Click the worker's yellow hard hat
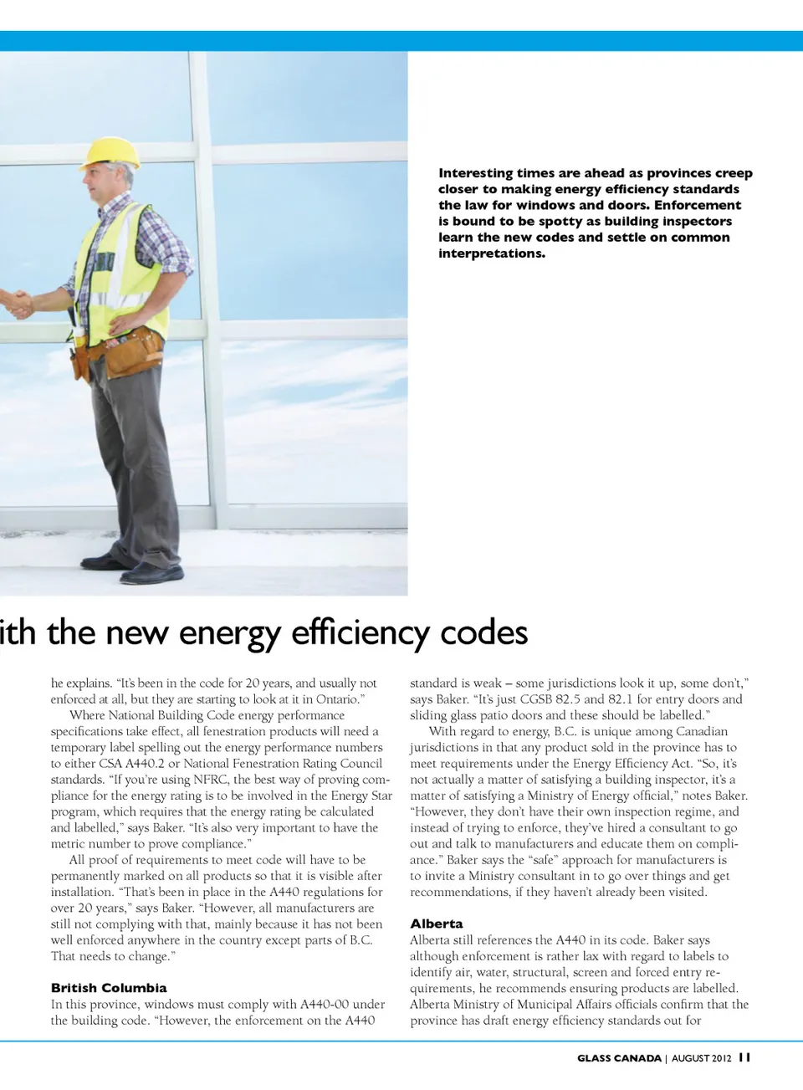[x=112, y=152]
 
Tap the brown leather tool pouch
[x=134, y=351]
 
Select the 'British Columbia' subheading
[x=109, y=988]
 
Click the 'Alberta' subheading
[x=436, y=924]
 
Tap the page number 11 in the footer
[x=744, y=1057]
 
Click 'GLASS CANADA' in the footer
[x=619, y=1058]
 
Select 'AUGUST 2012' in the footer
[x=701, y=1058]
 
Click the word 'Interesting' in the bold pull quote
[x=476, y=173]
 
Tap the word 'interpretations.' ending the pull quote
[x=492, y=253]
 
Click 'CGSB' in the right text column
[x=538, y=699]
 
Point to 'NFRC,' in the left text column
[x=211, y=780]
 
